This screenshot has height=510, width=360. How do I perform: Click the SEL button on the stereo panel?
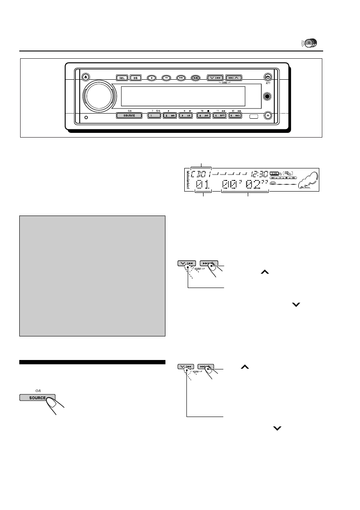(x=122, y=78)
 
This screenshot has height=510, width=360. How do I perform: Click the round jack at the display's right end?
(x=267, y=97)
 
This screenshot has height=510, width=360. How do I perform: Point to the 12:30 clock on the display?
(x=259, y=174)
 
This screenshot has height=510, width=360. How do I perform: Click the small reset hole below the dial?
(x=87, y=118)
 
